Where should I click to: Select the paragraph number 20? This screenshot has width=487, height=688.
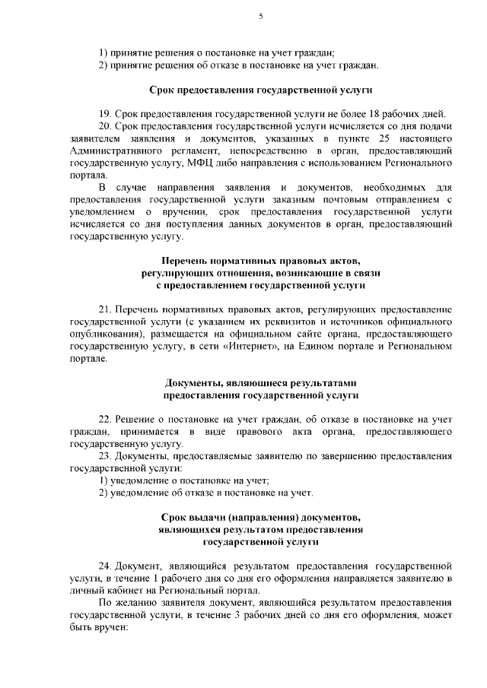pos(106,125)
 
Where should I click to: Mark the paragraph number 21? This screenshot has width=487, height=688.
pos(106,309)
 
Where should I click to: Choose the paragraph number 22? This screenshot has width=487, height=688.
pos(106,420)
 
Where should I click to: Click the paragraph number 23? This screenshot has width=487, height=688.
pos(106,456)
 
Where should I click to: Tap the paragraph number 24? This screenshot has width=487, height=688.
pos(106,566)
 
